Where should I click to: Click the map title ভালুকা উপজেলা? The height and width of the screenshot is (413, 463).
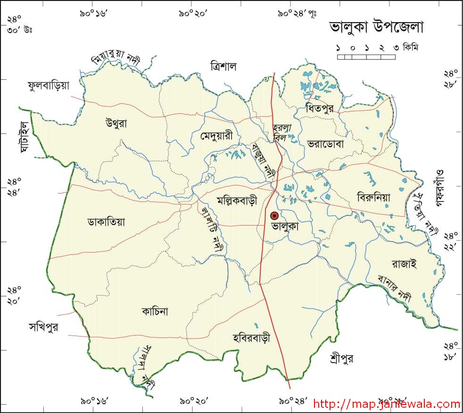pos(376,27)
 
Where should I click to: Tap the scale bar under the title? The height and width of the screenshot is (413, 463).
pos(366,57)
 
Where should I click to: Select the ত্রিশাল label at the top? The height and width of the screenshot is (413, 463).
pos(224,66)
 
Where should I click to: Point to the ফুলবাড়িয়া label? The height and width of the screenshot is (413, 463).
pos(49,85)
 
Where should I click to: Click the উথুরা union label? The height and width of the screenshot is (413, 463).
pos(116,124)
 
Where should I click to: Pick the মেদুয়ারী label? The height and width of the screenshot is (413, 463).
pos(216,136)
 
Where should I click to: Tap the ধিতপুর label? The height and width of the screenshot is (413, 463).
pos(319,108)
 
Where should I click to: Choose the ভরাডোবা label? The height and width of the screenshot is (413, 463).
pos(325,143)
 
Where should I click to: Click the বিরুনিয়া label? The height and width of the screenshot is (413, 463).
pos(373,198)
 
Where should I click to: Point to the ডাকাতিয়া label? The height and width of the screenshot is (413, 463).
pos(106,221)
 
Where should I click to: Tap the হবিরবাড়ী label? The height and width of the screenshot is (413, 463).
pos(251,338)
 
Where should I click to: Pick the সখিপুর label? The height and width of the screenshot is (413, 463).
pos(43,328)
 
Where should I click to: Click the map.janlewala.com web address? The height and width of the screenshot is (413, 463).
pos(387,404)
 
